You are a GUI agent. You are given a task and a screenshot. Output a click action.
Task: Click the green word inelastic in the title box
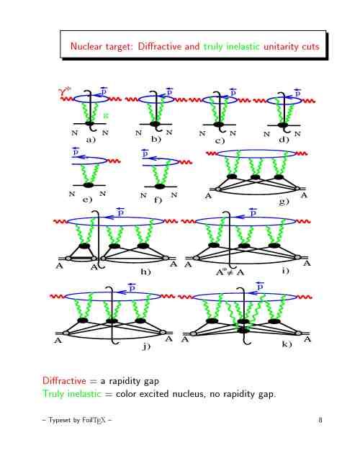click(243, 46)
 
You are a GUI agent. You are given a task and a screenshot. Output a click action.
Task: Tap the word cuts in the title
click(311, 47)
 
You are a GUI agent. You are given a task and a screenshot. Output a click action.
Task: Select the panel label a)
click(91, 140)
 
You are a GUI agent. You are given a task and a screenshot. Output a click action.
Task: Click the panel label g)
click(284, 202)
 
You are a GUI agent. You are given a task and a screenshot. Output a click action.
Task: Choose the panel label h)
click(146, 272)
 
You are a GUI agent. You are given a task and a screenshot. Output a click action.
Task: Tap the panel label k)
click(287, 344)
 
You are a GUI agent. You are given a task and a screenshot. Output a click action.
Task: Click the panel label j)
click(146, 346)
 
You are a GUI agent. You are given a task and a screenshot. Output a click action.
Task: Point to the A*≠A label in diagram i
click(230, 272)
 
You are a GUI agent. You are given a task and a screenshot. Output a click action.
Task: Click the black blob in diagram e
click(89, 185)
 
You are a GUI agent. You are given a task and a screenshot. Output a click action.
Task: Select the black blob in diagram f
click(160, 187)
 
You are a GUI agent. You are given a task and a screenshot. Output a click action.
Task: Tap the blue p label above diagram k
click(260, 285)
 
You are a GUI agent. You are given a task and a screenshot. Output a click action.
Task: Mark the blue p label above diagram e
click(76, 151)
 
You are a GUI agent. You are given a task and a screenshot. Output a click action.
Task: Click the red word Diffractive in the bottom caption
click(64, 381)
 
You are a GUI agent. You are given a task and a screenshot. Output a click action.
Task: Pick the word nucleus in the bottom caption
click(189, 394)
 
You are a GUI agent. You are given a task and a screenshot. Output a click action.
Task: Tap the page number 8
click(320, 420)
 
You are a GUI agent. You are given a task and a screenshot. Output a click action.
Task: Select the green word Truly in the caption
click(53, 394)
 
